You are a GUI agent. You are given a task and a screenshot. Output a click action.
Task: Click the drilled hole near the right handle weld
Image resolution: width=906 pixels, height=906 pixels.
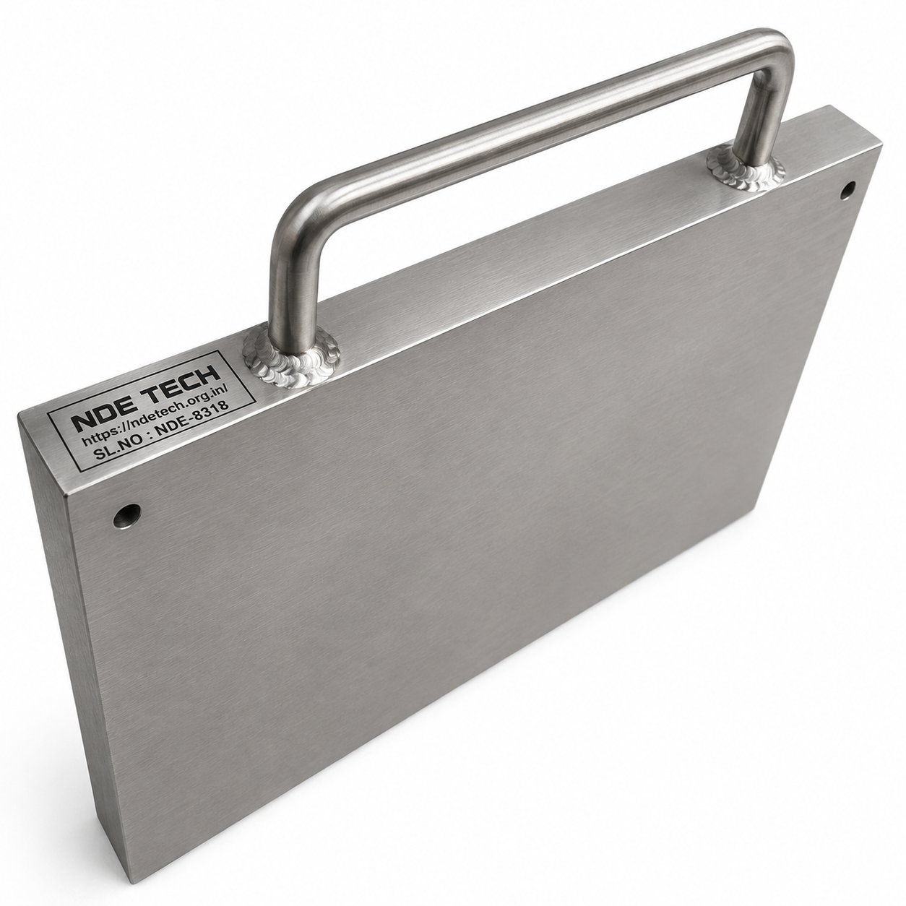[847, 191]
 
